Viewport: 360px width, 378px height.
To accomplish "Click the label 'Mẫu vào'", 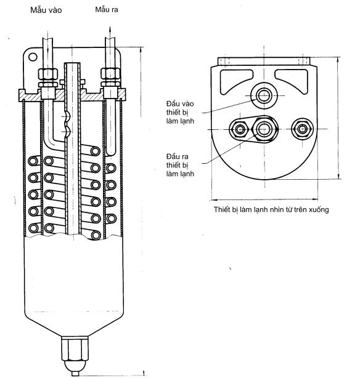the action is (46, 10).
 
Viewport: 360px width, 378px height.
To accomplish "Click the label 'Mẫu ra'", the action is (107, 9).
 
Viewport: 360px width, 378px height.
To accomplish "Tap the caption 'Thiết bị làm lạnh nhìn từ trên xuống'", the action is (271, 209).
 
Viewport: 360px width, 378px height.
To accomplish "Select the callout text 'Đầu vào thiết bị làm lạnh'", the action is (180, 112).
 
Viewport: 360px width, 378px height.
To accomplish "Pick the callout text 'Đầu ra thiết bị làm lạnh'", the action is (180, 165).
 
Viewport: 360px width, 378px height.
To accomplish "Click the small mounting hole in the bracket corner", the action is (33, 57).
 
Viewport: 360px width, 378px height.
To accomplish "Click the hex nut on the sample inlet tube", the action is (48, 74).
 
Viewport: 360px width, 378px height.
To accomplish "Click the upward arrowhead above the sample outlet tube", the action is (110, 29).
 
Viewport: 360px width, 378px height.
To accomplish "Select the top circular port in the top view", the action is (264, 95).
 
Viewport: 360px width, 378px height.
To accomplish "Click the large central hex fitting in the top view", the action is (264, 129).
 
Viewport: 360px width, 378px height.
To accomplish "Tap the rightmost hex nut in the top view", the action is (302, 129).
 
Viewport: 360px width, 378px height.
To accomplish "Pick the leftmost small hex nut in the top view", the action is (240, 129).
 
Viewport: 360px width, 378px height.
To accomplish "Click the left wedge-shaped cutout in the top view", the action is (235, 81).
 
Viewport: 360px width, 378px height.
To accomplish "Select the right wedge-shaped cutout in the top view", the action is (293, 81).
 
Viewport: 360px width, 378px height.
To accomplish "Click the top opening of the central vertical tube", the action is (72, 63).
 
